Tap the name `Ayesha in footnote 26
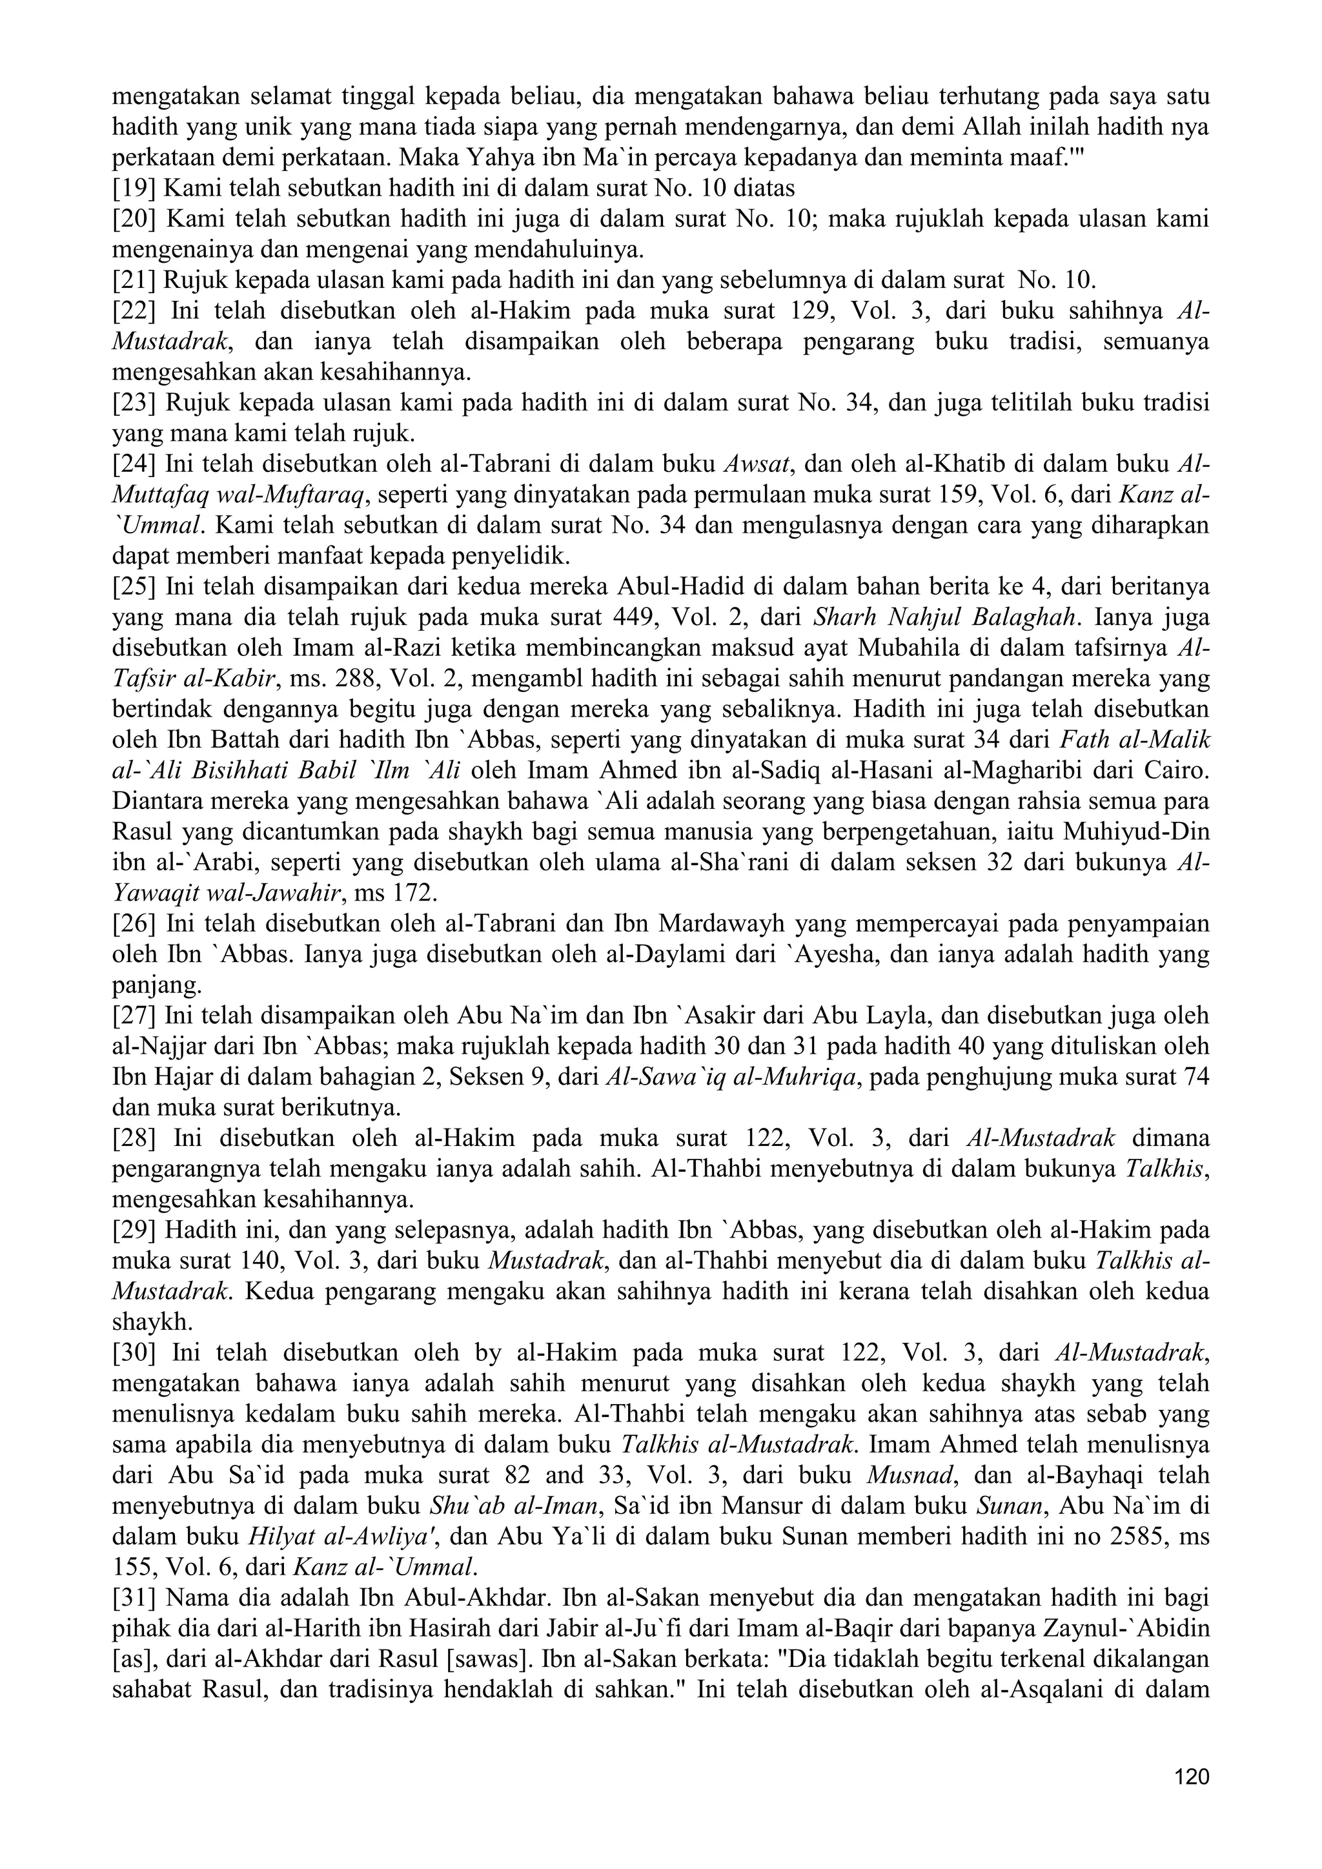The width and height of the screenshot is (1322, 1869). click(829, 954)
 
